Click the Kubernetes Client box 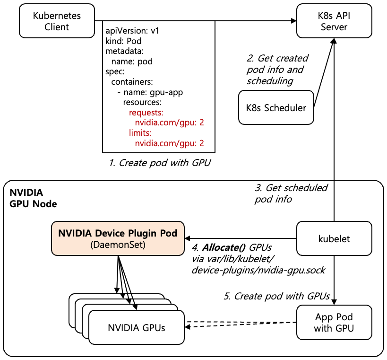coord(57,21)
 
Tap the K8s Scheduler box coord(276,107)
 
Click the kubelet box coord(334,239)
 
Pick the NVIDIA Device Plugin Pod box coord(118,239)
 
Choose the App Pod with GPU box coord(334,322)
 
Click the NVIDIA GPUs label coord(137,327)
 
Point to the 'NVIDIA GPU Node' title coord(33,199)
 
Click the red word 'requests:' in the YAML coord(146,113)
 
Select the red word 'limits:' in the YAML coord(140,133)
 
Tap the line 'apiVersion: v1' coord(132,31)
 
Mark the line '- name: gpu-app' coord(150,92)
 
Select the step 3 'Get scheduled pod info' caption coord(291,193)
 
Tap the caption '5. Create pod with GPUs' coord(276,297)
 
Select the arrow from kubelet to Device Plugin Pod coord(241,238)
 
